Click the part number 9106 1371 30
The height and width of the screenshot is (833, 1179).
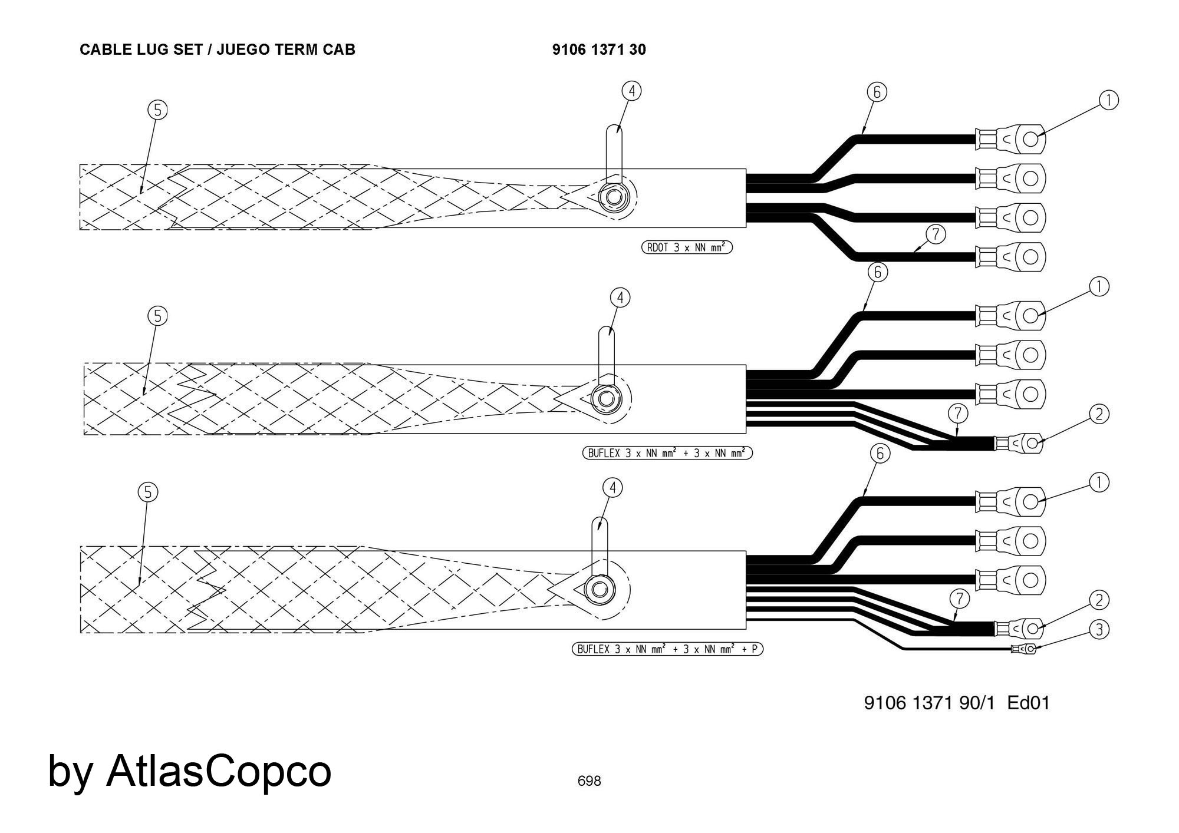(599, 49)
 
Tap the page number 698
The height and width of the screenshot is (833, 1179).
(589, 781)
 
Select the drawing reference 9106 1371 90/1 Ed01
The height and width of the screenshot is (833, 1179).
(957, 703)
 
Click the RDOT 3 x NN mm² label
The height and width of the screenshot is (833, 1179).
(687, 247)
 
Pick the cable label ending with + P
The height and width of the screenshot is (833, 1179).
(667, 649)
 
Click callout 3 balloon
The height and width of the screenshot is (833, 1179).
(1099, 630)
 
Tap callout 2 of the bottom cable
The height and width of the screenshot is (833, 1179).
(1099, 600)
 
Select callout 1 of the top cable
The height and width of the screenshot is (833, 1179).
(1109, 101)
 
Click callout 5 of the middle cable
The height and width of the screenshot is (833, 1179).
(157, 316)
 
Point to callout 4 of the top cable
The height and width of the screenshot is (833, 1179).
(631, 91)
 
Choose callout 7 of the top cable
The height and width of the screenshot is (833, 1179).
(936, 234)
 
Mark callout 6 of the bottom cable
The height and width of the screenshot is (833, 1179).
(880, 453)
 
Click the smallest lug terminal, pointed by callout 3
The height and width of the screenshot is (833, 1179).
(1025, 649)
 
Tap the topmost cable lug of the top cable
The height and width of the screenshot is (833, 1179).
(1012, 140)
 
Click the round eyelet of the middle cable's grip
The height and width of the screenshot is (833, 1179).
(605, 399)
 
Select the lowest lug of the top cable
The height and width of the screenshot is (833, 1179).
(1012, 257)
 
